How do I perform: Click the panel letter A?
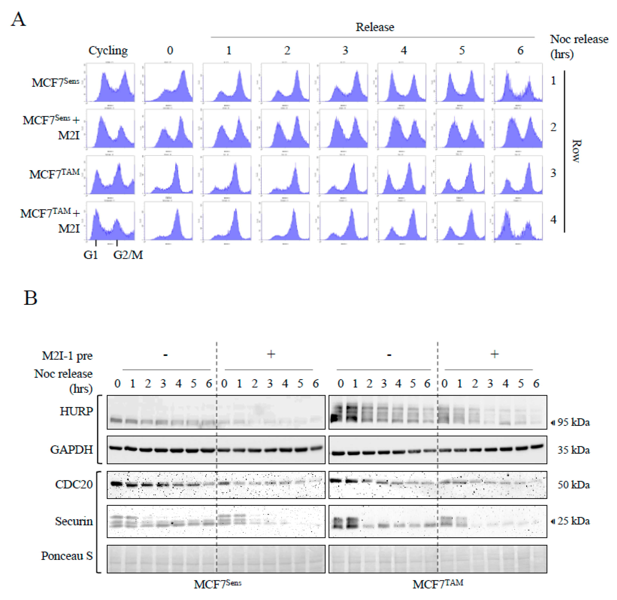(x=18, y=20)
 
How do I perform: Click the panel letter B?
(x=31, y=298)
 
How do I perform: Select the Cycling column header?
(x=108, y=50)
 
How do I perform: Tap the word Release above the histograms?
(x=375, y=27)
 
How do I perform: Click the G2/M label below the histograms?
(x=128, y=255)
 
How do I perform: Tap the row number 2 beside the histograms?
(x=553, y=127)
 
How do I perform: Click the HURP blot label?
(x=77, y=411)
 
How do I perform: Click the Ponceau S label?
(x=67, y=556)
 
